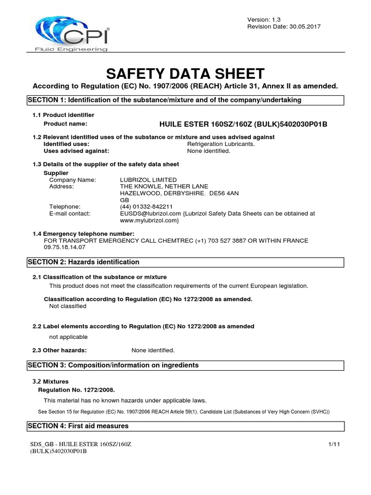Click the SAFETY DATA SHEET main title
tap(185, 73)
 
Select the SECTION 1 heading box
tap(185, 100)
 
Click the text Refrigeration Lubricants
tap(220, 144)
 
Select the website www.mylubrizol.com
tap(149, 220)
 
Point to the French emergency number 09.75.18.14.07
tap(64, 247)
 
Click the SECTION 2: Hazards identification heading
tap(185, 262)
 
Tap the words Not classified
tap(68, 306)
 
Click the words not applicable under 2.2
tap(69, 337)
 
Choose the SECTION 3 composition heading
tap(185, 365)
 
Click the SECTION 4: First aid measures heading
tap(185, 426)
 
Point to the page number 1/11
tap(334, 444)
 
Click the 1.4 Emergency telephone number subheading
tap(83, 234)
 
